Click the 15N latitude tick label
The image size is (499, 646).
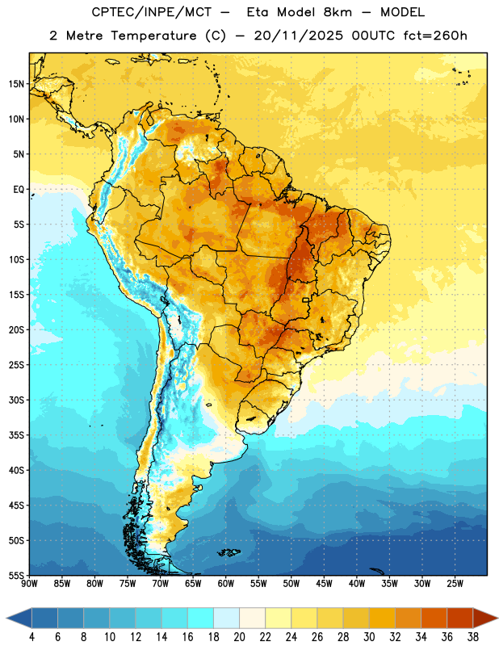[x=16, y=84]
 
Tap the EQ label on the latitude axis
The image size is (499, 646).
[x=19, y=190]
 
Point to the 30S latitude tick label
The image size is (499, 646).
[x=16, y=400]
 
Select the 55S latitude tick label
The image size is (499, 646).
[x=16, y=576]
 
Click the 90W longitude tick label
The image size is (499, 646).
[x=29, y=584]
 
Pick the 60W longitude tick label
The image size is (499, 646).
[x=226, y=584]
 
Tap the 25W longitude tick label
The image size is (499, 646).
[x=455, y=584]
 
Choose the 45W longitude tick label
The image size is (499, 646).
[x=324, y=584]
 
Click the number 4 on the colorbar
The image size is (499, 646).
[x=31, y=637]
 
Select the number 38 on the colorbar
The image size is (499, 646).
[x=473, y=637]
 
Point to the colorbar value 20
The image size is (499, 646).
[x=239, y=637]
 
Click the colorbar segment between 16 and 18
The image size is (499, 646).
[x=201, y=619]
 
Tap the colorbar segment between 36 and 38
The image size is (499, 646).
[x=460, y=619]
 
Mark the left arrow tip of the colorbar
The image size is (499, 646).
[x=6, y=619]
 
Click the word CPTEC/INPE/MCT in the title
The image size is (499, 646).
[x=151, y=12]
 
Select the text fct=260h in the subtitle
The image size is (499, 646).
[x=435, y=36]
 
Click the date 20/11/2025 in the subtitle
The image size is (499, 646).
[x=298, y=36]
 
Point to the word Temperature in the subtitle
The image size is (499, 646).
[x=153, y=36]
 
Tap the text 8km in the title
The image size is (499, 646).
[x=338, y=12]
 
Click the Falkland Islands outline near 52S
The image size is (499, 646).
[x=229, y=552]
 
